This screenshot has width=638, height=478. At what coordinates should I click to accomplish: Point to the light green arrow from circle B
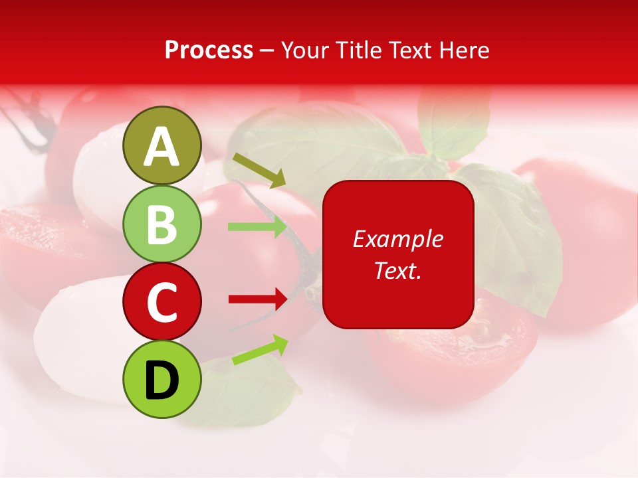[257, 226]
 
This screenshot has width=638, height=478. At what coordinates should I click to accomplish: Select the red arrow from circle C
[257, 299]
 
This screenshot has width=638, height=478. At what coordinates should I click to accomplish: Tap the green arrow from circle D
[260, 351]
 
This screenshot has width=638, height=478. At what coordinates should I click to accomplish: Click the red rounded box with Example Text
[398, 254]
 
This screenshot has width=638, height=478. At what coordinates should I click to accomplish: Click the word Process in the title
[209, 50]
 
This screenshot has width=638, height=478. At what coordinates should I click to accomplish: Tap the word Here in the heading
[466, 50]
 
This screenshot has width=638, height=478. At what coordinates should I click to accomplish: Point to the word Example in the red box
[398, 239]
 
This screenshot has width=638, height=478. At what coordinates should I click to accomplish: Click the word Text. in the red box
[398, 270]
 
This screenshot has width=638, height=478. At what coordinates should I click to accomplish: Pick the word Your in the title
[305, 50]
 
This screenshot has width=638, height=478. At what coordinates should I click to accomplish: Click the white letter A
[162, 147]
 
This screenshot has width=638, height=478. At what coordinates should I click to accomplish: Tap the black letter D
[162, 380]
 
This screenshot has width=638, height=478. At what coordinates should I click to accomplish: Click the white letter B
[162, 224]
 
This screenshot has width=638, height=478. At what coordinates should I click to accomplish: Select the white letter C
[162, 302]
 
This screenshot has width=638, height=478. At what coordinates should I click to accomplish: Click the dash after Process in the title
[267, 50]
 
